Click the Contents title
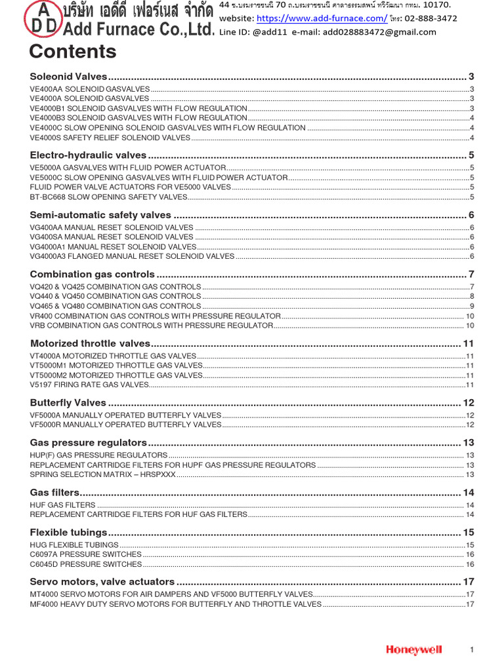(73, 52)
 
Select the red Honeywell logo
(414, 649)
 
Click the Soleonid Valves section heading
(68, 77)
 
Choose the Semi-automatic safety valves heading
(100, 215)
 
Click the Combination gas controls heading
(93, 274)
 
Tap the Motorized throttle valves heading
(91, 343)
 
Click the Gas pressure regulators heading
(89, 442)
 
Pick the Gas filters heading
(55, 492)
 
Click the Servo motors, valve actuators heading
(102, 581)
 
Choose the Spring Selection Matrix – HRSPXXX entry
(103, 474)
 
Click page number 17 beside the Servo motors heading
(469, 581)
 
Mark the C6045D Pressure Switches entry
(86, 564)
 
